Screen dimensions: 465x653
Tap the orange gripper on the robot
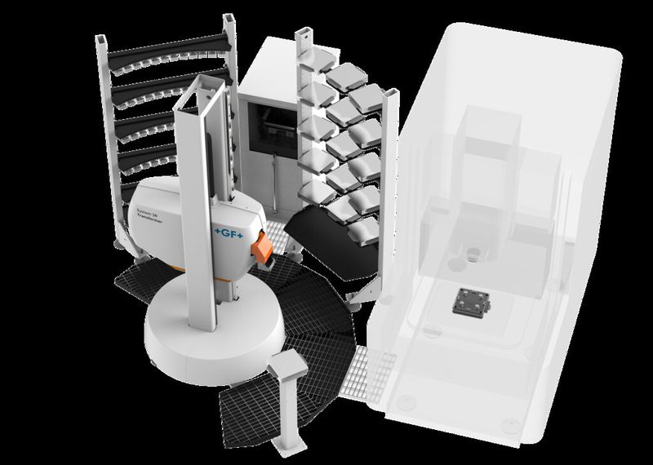point(260,248)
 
